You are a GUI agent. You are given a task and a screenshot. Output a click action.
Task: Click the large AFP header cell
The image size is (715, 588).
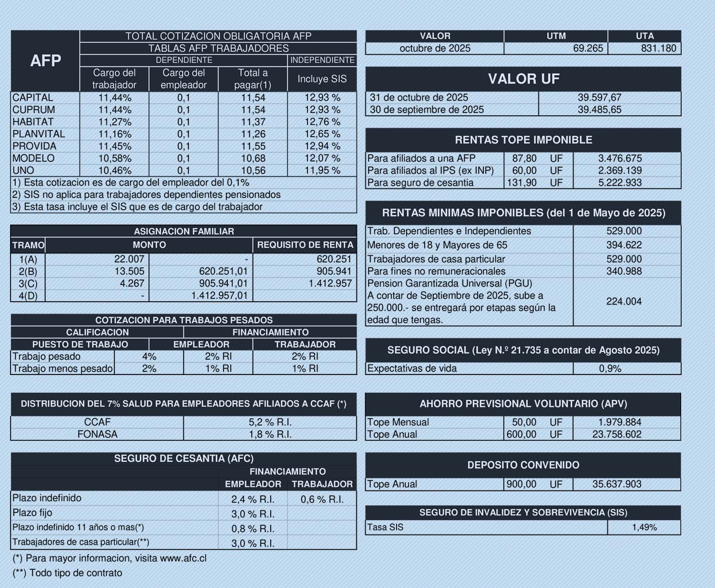(x=45, y=61)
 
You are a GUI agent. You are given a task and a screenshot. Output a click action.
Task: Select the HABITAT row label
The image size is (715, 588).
(x=33, y=122)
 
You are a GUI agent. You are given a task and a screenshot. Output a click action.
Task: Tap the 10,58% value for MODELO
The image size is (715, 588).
(x=115, y=158)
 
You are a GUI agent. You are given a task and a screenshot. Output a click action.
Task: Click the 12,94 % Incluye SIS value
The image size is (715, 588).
(x=322, y=146)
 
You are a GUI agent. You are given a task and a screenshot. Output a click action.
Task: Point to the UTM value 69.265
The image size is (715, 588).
(x=588, y=49)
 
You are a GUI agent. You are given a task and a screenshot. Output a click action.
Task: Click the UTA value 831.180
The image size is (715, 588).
(x=658, y=49)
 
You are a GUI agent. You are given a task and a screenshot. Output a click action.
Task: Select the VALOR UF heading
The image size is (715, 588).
(x=523, y=79)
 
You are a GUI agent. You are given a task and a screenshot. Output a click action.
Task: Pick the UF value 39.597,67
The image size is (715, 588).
(x=599, y=98)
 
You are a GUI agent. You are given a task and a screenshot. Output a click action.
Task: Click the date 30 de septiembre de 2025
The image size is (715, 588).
(x=427, y=110)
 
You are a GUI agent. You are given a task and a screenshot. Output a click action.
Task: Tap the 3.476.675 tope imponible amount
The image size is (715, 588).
(x=620, y=159)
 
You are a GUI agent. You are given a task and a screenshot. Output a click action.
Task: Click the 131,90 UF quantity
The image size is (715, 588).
(x=522, y=183)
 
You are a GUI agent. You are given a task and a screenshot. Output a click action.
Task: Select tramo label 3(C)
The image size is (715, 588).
(x=28, y=284)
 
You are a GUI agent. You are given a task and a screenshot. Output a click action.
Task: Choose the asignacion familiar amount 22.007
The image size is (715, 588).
(x=129, y=259)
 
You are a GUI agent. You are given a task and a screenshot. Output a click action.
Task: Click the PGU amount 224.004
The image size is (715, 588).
(x=623, y=302)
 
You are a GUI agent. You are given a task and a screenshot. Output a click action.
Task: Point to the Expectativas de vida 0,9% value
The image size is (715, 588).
(x=610, y=369)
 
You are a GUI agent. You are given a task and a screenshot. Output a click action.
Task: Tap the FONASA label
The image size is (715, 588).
(x=97, y=435)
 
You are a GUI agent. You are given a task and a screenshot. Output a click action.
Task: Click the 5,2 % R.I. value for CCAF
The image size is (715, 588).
(x=270, y=422)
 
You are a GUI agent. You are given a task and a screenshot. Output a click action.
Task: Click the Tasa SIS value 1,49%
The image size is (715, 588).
(x=644, y=527)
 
